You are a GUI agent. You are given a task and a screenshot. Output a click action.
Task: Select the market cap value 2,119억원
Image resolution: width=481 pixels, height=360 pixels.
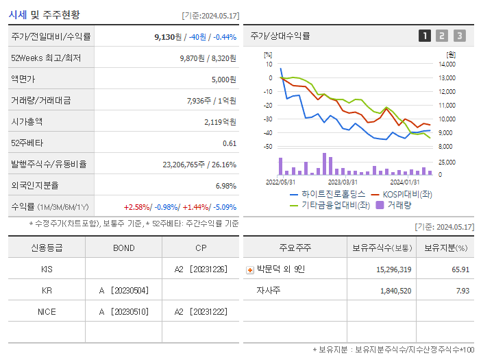coord(220,121)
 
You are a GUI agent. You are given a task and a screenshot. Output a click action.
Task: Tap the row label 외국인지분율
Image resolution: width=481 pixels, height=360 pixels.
coord(35,185)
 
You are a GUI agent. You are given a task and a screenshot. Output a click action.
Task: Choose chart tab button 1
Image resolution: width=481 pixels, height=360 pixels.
coord(425,36)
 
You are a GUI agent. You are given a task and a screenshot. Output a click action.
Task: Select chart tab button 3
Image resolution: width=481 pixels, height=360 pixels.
coord(459,36)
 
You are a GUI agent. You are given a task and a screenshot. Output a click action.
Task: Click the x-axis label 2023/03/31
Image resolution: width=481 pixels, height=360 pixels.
coord(343,182)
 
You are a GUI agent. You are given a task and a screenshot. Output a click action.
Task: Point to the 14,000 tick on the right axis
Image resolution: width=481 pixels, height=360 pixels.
coord(446,64)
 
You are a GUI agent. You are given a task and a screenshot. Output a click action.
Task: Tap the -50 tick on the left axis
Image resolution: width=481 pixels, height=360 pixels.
coord(268,147)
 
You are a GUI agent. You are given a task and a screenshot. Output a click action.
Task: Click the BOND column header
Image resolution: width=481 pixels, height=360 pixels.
coord(123,248)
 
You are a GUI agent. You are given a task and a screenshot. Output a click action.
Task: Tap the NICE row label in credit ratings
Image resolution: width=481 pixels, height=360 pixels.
coord(47,311)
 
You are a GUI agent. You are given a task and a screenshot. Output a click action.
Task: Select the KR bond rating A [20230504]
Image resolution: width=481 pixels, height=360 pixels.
coord(123,290)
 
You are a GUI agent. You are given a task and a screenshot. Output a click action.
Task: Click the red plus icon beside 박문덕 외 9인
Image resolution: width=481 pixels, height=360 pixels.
coord(249,269)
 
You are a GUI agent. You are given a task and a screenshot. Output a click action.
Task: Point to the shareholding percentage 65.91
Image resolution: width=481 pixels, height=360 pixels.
coord(460,269)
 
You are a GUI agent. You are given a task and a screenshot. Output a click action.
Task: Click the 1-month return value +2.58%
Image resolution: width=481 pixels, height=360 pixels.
coord(136,206)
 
